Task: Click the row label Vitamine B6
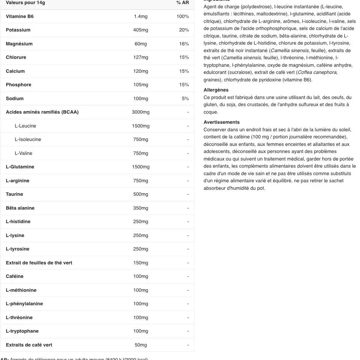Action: (19, 16)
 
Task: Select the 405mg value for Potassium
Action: (141, 30)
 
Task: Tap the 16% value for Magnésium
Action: (184, 44)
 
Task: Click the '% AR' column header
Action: (183, 3)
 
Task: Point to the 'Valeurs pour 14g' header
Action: (25, 3)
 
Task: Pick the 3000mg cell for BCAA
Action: (141, 112)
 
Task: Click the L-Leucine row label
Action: (25, 126)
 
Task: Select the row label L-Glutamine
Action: (20, 167)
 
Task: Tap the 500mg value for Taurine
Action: (141, 194)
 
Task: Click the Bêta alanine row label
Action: (20, 208)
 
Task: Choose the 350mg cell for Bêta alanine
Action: (141, 208)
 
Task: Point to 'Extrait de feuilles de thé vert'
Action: (39, 263)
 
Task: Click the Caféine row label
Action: (15, 276)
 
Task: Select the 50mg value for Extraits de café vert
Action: (141, 345)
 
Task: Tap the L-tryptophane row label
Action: (22, 331)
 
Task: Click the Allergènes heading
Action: (216, 90)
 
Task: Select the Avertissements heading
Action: (222, 122)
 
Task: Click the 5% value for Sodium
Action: (185, 99)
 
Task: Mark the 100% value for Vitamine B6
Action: (183, 16)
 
